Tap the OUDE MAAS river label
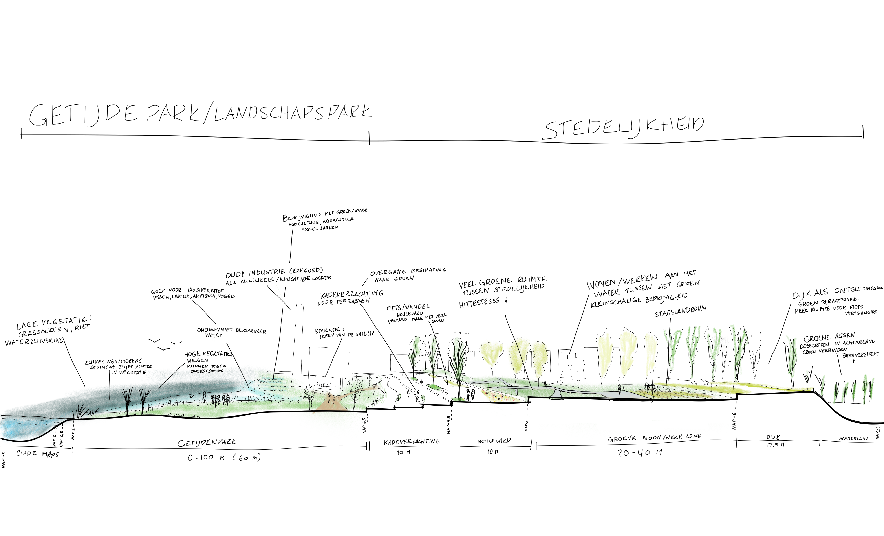37,454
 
